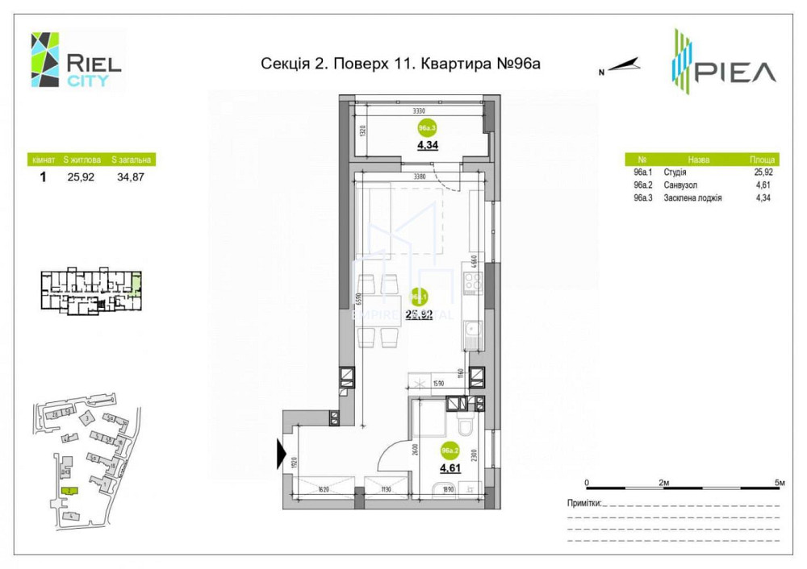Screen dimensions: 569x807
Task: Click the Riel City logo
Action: click(x=76, y=60)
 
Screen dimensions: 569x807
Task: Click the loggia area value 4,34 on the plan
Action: click(x=427, y=146)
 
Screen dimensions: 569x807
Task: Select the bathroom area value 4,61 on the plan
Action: click(x=449, y=467)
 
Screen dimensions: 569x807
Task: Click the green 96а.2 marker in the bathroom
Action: click(x=449, y=451)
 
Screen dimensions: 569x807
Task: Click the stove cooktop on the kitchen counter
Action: click(x=472, y=284)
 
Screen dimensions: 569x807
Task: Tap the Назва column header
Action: click(x=699, y=160)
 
